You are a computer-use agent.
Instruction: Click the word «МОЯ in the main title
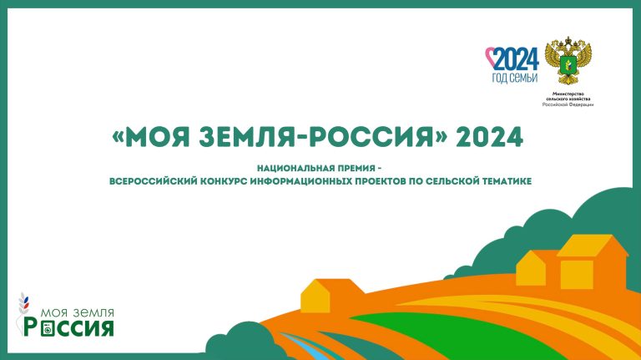[x=150, y=136]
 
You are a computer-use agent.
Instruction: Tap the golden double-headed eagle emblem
[x=566, y=60]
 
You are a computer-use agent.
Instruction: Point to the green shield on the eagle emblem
[x=566, y=62]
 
